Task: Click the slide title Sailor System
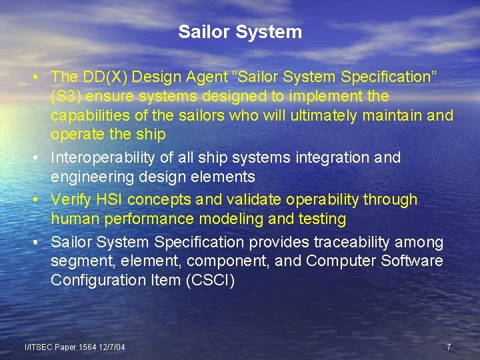point(240,32)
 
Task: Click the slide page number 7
point(449,347)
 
